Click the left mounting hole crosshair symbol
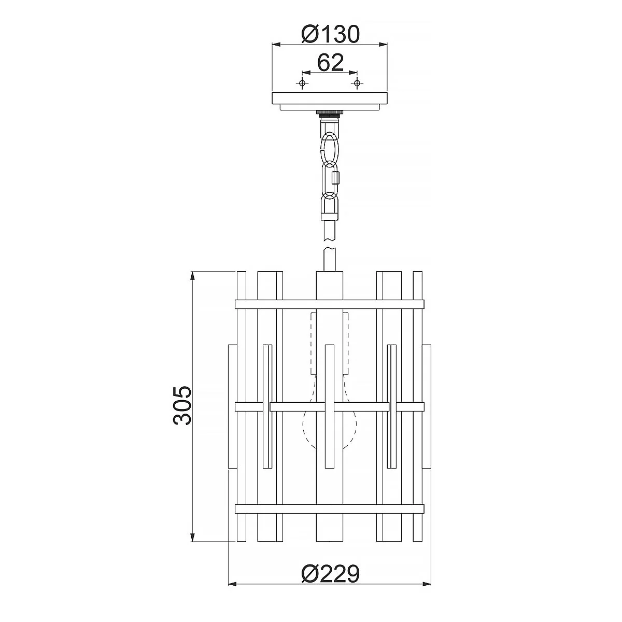click(x=302, y=83)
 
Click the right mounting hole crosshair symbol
click(x=357, y=83)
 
